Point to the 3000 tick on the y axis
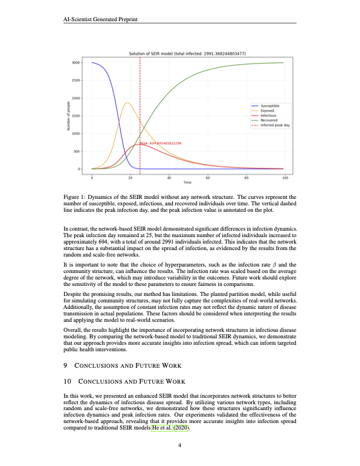[76, 62]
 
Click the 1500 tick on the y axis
[76, 116]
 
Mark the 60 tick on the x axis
[208, 177]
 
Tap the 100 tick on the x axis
[285, 177]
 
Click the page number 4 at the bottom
[180, 446]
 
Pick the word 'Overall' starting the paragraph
[72, 332]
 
